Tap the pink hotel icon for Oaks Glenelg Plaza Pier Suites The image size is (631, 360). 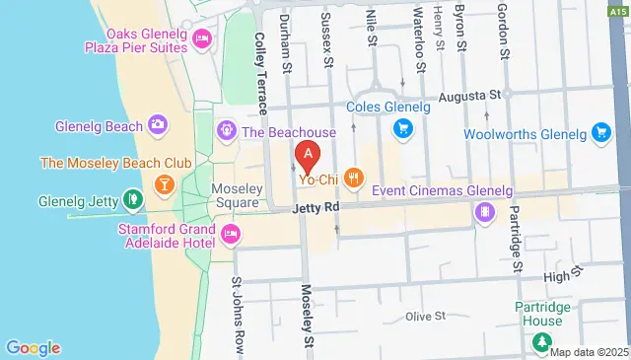pos(202,38)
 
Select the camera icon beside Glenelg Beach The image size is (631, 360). pos(157,124)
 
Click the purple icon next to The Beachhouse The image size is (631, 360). pos(227,131)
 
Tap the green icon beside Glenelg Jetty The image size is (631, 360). pos(132,201)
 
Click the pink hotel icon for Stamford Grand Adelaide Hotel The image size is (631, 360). pos(230,234)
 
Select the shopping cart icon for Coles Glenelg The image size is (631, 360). pos(402,127)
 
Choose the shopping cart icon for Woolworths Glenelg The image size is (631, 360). pos(600,131)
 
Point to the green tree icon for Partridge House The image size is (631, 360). pos(541,342)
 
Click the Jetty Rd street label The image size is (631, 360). pos(315,209)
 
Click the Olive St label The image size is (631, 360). pos(427,317)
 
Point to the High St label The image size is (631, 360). pos(556,277)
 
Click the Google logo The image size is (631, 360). pos(33,347)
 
